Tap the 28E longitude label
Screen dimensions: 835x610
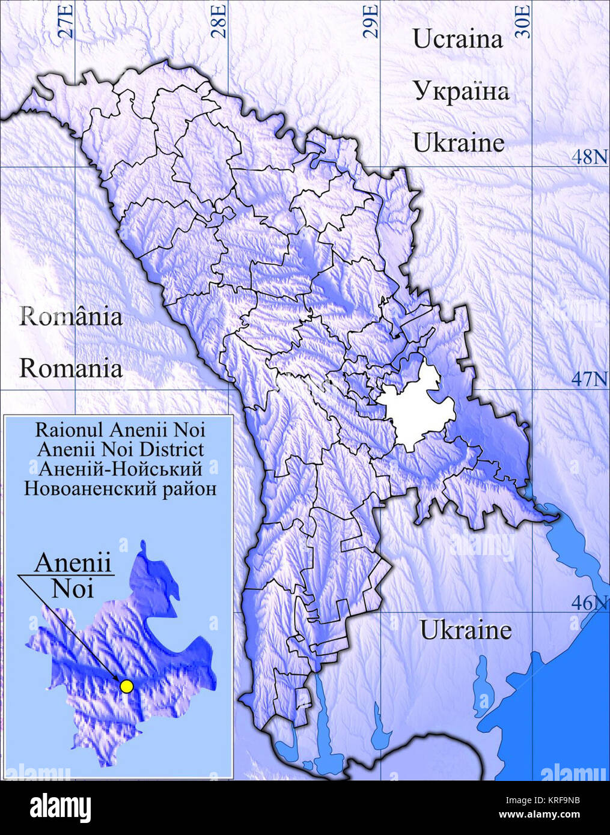pyautogui.click(x=220, y=20)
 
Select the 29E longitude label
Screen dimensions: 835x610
pyautogui.click(x=372, y=20)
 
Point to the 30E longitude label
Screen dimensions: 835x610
pyautogui.click(x=524, y=20)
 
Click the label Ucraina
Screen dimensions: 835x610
pyautogui.click(x=457, y=40)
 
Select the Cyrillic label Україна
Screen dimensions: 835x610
pyautogui.click(x=460, y=91)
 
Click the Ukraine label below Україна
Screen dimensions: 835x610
pyautogui.click(x=458, y=143)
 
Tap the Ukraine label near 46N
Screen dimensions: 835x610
pyautogui.click(x=465, y=630)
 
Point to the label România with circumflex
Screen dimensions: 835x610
pyautogui.click(x=71, y=316)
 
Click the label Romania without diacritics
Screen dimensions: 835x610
pyautogui.click(x=71, y=368)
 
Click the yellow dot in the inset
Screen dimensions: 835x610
pyautogui.click(x=126, y=686)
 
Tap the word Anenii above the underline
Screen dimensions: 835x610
pyautogui.click(x=73, y=563)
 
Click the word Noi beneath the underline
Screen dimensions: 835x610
pyautogui.click(x=73, y=589)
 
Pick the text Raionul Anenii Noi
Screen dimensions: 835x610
pyautogui.click(x=120, y=430)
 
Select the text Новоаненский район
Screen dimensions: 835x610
pyautogui.click(x=120, y=488)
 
